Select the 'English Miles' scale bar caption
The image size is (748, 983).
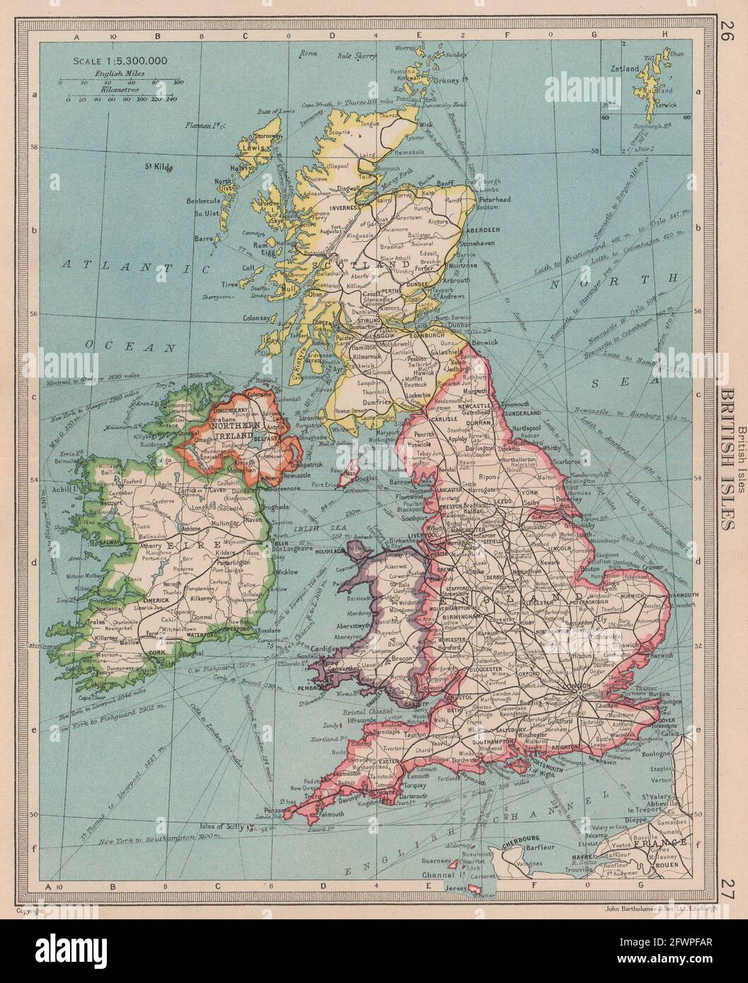119,73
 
